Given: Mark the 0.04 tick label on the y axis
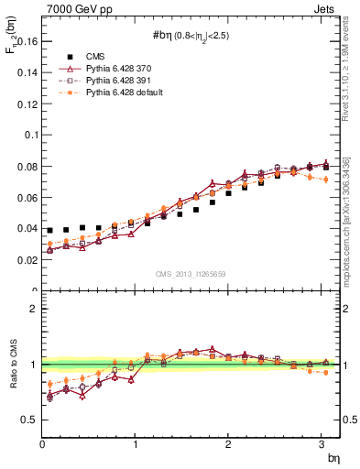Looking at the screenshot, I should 28,229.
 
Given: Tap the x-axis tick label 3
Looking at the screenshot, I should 322,444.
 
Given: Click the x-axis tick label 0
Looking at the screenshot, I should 42,444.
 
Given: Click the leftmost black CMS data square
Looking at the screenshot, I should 50,230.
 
